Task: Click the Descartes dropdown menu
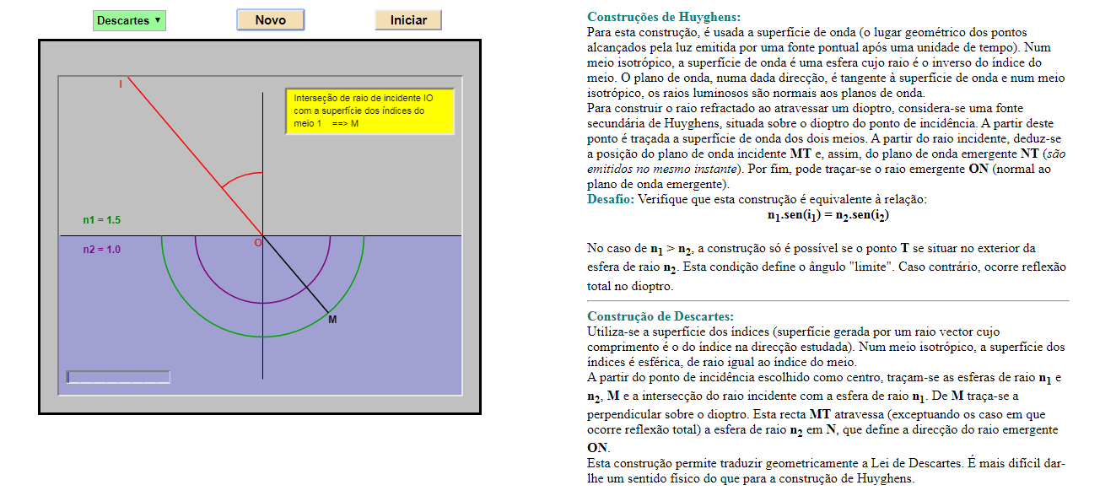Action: pos(129,20)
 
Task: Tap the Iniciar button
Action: pos(408,20)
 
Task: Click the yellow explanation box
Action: pos(369,111)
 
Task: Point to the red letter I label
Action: pos(121,84)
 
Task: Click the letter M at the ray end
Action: pos(332,320)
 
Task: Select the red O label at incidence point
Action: pos(258,243)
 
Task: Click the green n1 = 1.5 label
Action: pos(102,220)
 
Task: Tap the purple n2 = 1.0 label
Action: pos(102,250)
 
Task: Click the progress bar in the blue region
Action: pos(118,377)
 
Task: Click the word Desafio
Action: pos(610,200)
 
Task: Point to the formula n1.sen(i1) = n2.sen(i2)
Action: pos(828,215)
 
